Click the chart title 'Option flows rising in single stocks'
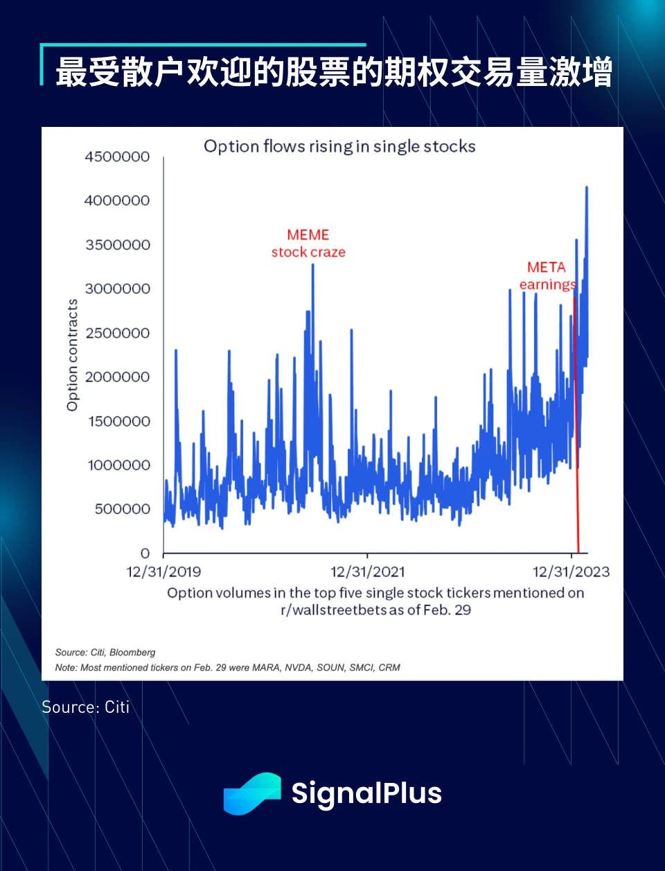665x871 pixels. [339, 146]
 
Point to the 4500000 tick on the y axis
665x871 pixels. [117, 157]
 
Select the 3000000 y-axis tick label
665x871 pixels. [118, 288]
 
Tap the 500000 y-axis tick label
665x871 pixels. [123, 509]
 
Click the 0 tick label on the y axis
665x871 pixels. [145, 553]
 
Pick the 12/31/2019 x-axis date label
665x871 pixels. [163, 572]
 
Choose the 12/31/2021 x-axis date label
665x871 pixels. [367, 572]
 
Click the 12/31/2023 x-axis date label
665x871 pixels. [571, 572]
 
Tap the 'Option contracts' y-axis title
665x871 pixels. [73, 355]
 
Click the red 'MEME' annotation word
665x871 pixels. [308, 235]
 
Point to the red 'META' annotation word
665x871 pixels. [546, 268]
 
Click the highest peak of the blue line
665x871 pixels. [587, 187]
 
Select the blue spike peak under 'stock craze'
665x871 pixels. [313, 266]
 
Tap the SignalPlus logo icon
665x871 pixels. [252, 793]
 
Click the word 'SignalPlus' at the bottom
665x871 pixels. [366, 793]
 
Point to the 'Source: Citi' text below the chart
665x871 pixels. [86, 707]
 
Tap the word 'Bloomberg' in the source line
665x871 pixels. [132, 653]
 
